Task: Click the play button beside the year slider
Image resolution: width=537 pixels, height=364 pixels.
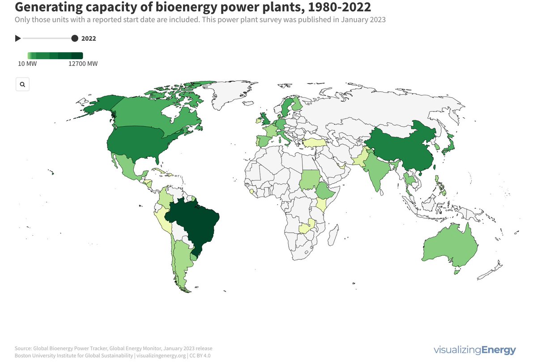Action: coord(18,39)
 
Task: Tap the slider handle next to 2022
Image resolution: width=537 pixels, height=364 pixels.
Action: coord(75,39)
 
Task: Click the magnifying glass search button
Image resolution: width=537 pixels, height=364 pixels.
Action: coord(22,84)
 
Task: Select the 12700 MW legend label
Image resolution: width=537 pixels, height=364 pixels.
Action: coord(83,64)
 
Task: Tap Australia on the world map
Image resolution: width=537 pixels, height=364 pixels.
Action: coord(450,246)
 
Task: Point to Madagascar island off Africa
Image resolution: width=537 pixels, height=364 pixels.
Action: coord(332,233)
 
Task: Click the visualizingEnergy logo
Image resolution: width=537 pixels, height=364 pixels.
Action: coord(474,350)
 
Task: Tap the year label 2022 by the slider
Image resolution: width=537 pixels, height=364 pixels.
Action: coord(89,39)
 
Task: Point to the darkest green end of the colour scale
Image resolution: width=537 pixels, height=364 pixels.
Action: coord(78,56)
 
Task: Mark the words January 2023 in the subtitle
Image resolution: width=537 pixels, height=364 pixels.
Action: coord(362,20)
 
